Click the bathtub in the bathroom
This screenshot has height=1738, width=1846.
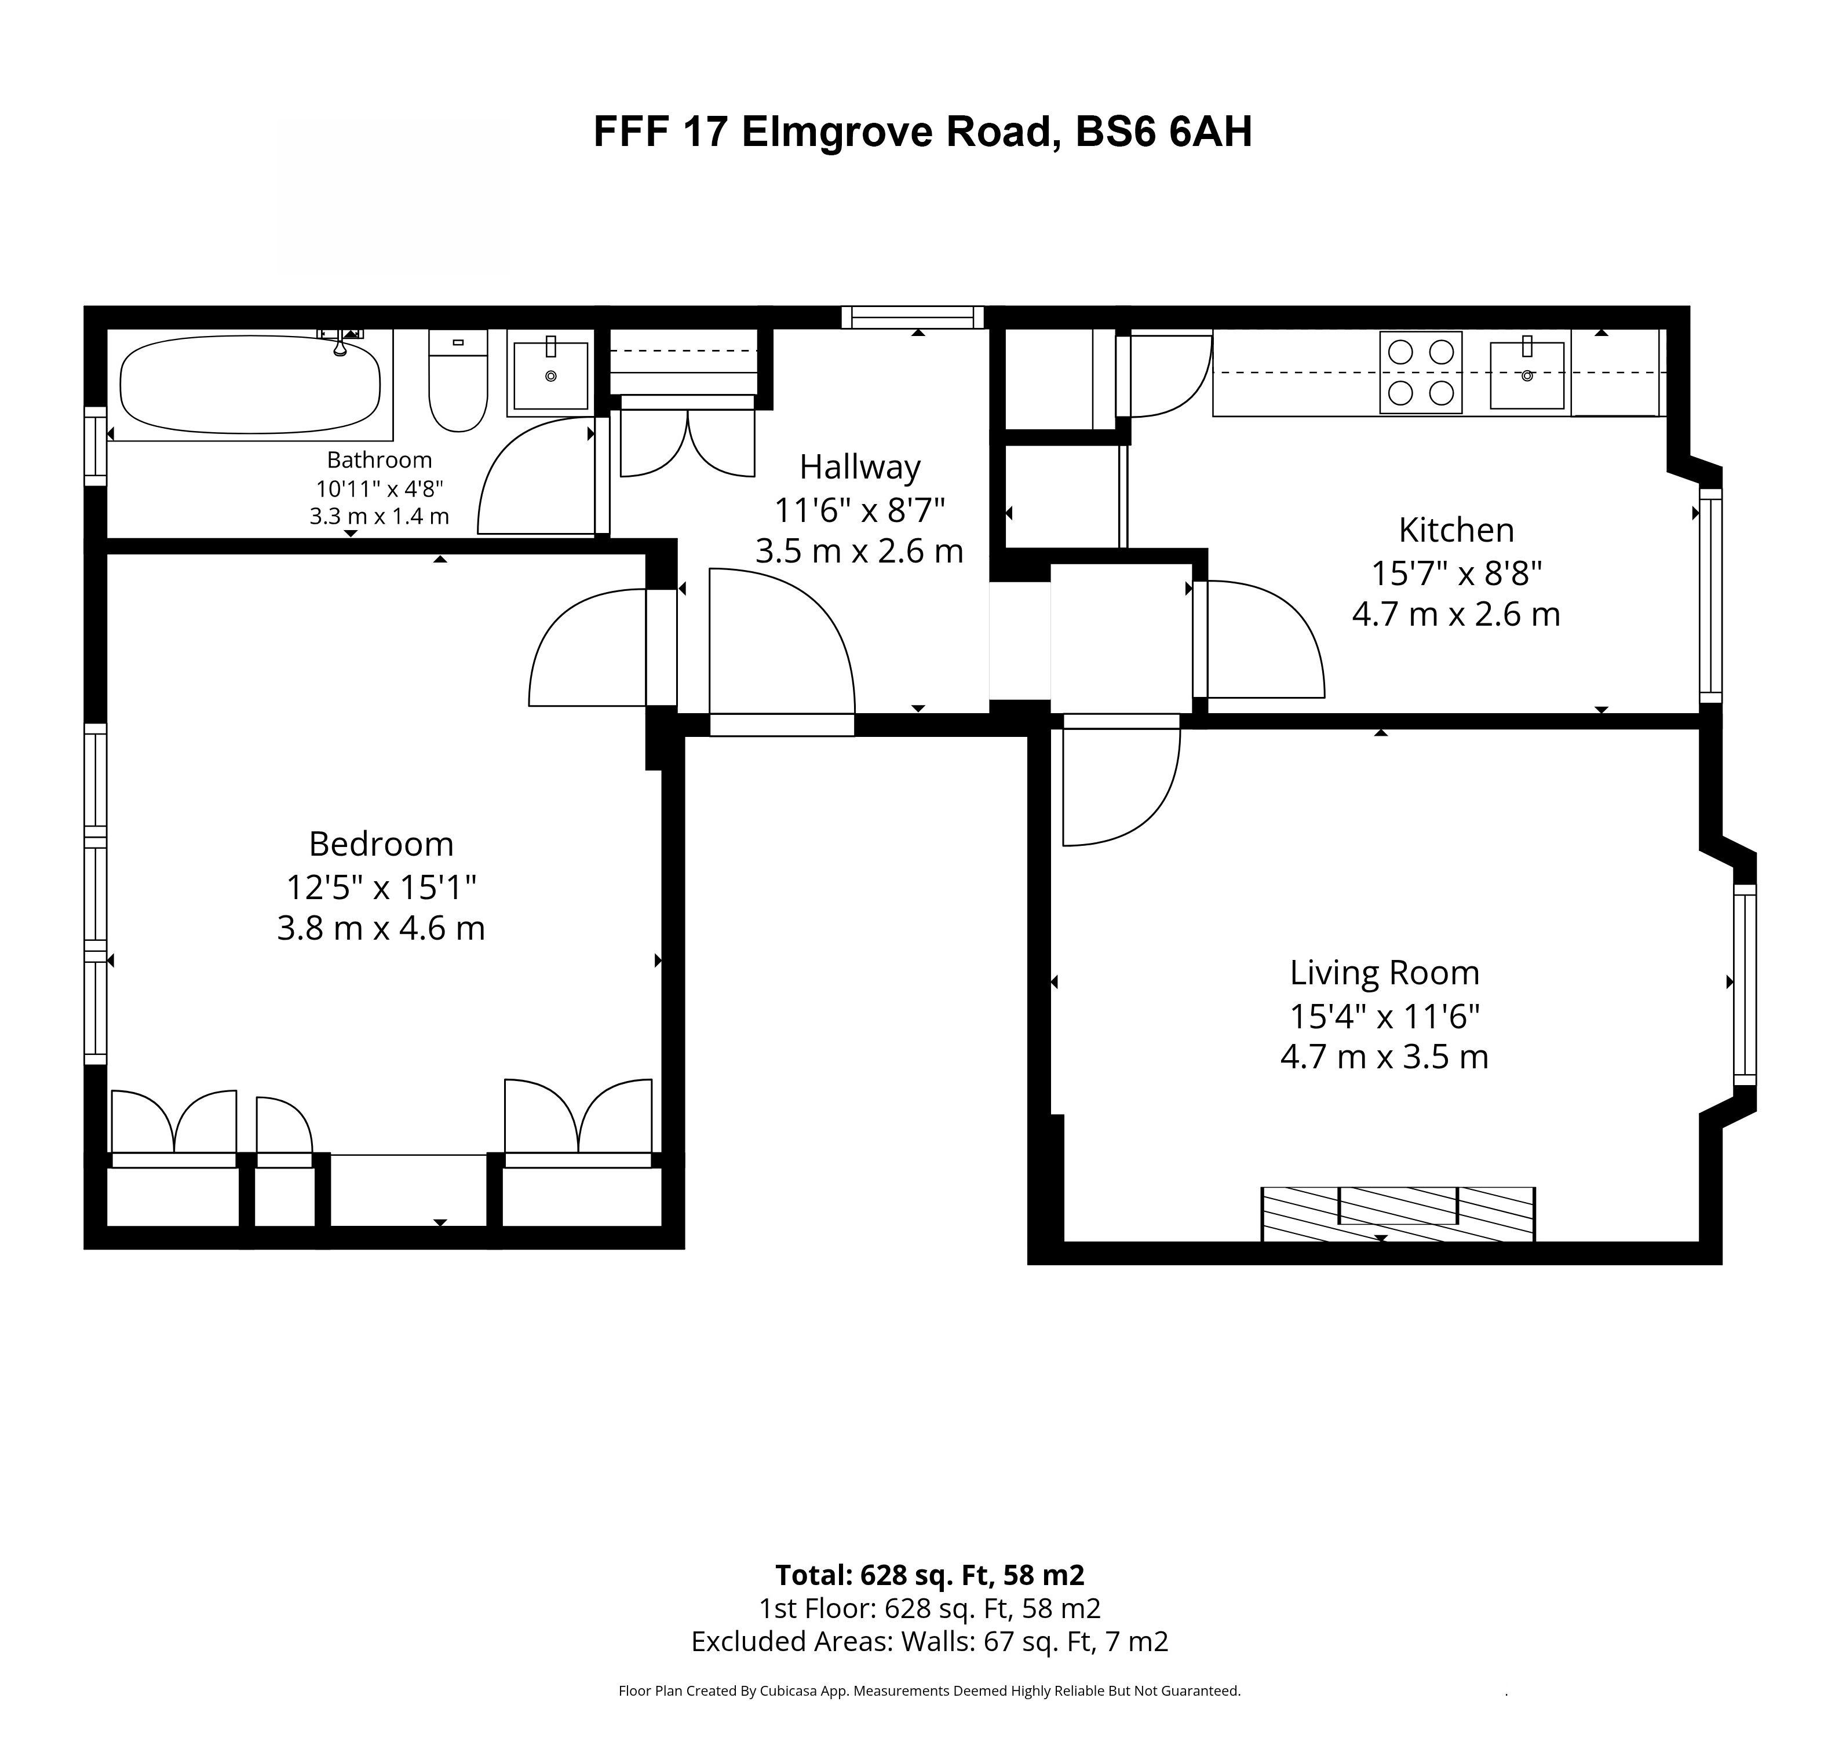251,384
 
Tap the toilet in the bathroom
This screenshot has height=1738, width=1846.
458,381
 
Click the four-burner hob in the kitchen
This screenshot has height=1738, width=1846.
1421,373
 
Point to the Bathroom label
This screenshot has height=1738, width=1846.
379,459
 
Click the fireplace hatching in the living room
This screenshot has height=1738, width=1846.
1398,1214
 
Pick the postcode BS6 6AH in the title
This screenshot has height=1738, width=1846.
1163,132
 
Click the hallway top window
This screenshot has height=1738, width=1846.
913,317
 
